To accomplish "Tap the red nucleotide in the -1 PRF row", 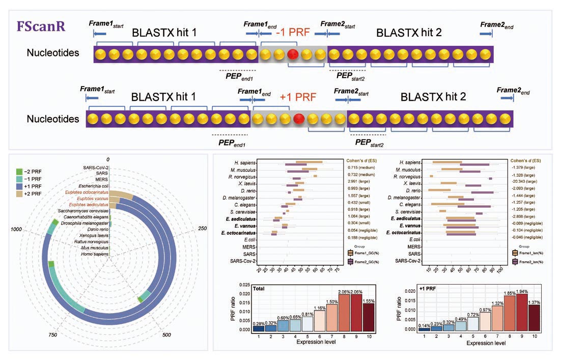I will pos(293,54).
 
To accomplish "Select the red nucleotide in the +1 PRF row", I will pos(300,119).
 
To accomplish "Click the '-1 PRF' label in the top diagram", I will pos(292,33).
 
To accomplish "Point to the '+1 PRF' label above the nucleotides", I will pos(298,97).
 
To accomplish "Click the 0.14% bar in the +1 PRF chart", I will pos(424,329).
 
